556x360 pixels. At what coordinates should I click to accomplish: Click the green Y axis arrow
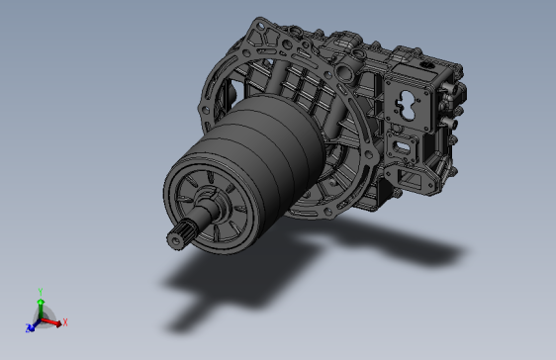tap(41, 309)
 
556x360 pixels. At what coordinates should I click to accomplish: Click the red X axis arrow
tap(51, 322)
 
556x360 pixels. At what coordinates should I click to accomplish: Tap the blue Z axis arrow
tap(33, 325)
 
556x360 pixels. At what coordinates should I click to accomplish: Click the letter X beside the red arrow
tap(65, 322)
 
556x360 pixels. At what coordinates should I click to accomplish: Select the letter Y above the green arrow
tap(41, 292)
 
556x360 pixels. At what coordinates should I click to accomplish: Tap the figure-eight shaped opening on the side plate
tap(409, 105)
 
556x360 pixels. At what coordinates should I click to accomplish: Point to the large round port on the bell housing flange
tap(343, 72)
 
